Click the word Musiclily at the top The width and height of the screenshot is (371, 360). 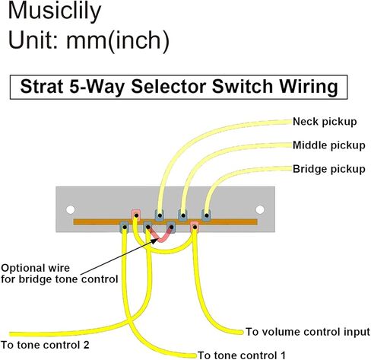tap(55, 11)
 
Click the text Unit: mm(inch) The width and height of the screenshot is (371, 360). tap(89, 40)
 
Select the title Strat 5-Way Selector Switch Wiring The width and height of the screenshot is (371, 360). tap(179, 87)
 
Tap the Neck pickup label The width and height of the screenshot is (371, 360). tap(325, 122)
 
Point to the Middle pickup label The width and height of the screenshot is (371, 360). tap(329, 145)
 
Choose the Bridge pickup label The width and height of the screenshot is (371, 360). tap(329, 169)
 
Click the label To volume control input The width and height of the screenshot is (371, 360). tap(308, 332)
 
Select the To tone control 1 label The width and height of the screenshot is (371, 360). tap(242, 355)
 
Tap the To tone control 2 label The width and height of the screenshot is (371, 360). tap(45, 345)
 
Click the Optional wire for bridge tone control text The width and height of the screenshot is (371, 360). tap(59, 274)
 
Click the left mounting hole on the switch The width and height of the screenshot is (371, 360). tap(71, 210)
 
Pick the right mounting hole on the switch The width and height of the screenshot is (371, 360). tap(260, 210)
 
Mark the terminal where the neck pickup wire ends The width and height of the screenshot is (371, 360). tap(160, 215)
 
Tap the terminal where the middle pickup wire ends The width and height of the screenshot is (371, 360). tap(182, 215)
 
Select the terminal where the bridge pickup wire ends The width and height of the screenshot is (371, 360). tap(206, 215)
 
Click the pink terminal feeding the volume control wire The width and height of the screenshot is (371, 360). tap(195, 227)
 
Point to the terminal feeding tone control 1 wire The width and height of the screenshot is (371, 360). tap(124, 227)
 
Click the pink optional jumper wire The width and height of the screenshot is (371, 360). tap(160, 235)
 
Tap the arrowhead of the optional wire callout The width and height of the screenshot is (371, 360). tap(155, 241)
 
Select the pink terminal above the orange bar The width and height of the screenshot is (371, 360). tap(136, 215)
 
